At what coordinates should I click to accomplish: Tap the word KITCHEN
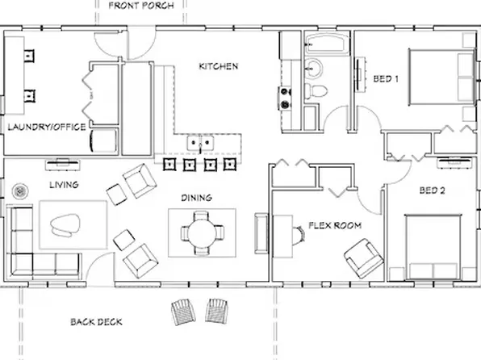218,65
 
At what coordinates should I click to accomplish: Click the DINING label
196,197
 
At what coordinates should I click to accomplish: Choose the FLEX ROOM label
334,225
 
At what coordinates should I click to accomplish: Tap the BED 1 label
385,78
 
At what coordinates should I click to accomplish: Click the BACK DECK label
96,321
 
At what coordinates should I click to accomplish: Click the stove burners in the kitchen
284,97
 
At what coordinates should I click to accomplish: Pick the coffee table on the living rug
67,225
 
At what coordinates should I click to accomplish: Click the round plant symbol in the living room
20,191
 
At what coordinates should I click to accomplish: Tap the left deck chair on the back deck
182,309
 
